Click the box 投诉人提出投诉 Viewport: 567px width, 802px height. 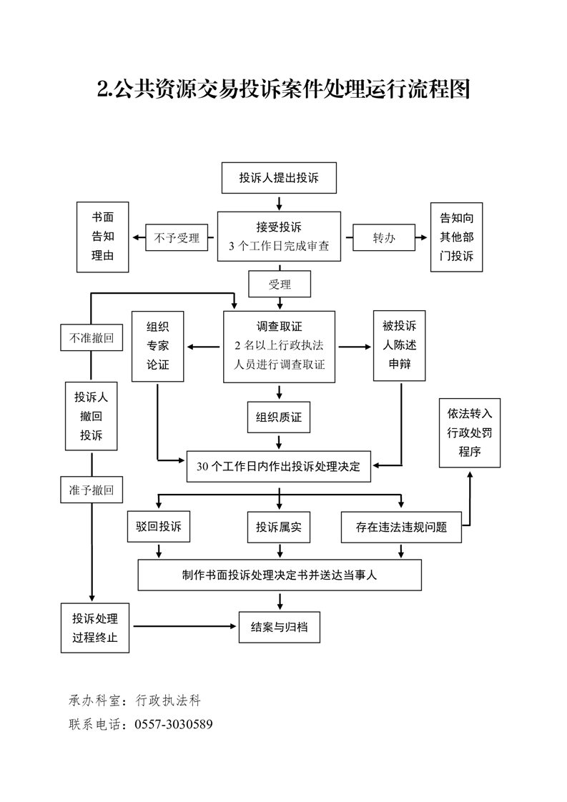(278, 179)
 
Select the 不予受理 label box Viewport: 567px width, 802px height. (177, 239)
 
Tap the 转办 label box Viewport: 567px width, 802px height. (383, 239)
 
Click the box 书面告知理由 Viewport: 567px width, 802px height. (102, 237)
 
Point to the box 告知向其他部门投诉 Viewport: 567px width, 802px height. (456, 237)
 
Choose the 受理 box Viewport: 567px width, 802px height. (279, 284)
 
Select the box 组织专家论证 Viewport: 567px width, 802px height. (158, 345)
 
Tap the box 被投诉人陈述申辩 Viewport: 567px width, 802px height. (399, 345)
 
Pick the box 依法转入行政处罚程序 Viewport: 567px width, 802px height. (470, 432)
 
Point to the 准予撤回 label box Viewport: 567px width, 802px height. (91, 490)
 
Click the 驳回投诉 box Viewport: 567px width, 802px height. (158, 528)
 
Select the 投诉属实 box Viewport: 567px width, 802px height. (279, 528)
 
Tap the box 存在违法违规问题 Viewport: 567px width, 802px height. (401, 528)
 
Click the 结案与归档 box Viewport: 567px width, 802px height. (279, 627)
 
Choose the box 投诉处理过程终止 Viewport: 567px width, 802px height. (95, 627)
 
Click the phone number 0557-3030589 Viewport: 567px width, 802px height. (174, 725)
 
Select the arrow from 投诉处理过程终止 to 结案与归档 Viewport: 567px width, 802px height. (186, 627)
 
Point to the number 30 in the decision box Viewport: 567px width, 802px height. (202, 467)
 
